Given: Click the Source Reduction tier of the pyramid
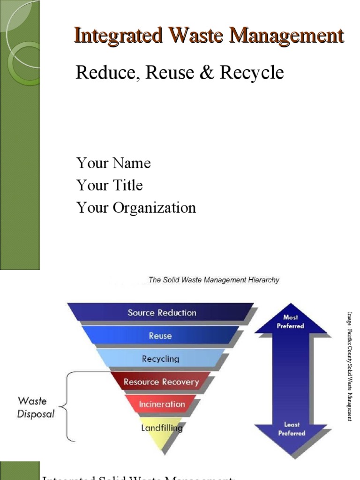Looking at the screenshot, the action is pos(162,313).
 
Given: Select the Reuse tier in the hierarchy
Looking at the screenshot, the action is pos(160,336).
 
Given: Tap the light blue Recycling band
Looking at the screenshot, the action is pos(160,359).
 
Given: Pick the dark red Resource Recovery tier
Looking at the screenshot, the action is pos(161,382).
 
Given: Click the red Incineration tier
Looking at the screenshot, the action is pos(162,404).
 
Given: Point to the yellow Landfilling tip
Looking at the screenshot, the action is pos(162,427).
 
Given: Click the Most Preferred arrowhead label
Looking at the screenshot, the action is pos(291,322).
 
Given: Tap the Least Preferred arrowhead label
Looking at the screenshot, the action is pos(291,429).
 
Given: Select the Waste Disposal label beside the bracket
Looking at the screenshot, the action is pos(36,407).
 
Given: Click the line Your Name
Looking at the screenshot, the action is pos(113,163).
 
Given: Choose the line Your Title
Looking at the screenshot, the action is pos(110,186).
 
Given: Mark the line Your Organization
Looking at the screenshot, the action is pos(136,208).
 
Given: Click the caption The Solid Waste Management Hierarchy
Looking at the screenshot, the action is pos(214,280).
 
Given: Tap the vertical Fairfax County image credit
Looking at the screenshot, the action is pos(349,366).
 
